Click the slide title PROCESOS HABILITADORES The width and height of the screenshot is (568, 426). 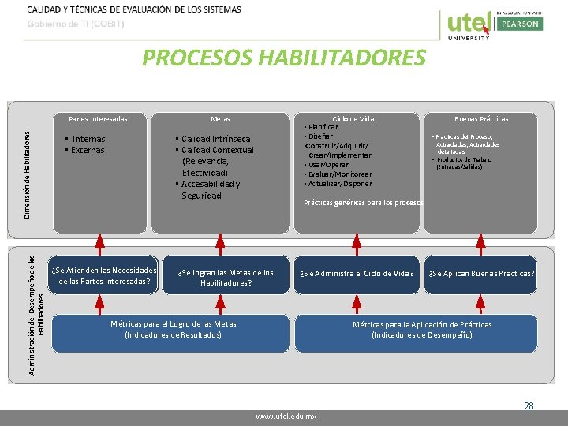[283, 58]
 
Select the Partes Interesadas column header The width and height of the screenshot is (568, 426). [98, 119]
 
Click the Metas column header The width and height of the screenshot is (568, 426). [221, 119]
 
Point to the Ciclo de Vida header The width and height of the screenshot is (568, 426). [353, 119]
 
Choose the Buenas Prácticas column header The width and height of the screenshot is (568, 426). [481, 119]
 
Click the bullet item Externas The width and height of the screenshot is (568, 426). [87, 150]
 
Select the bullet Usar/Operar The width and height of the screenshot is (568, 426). [328, 165]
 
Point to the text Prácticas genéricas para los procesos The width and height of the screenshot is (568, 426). [364, 202]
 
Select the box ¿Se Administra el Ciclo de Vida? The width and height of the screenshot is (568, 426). [357, 274]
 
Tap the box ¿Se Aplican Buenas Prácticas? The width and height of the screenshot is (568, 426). [481, 274]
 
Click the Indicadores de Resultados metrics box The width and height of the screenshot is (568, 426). [173, 330]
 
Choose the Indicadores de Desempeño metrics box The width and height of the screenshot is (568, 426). [422, 330]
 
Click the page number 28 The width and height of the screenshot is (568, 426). [529, 406]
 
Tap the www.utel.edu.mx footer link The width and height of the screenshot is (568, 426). [286, 416]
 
